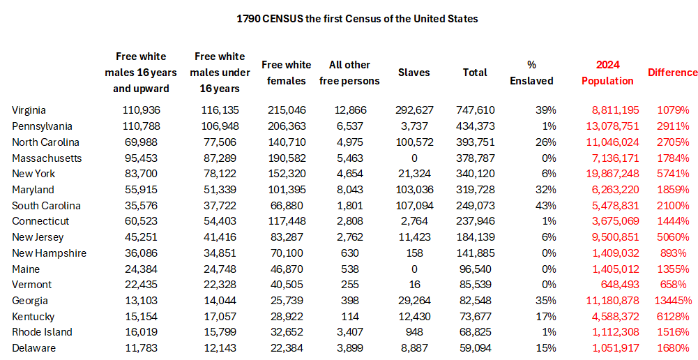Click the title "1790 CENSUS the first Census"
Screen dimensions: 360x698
tap(357, 19)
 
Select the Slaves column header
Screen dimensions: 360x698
tap(414, 73)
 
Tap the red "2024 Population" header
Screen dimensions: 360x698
tap(607, 73)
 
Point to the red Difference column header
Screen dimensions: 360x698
tap(672, 73)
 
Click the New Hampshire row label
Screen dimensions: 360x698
tap(49, 253)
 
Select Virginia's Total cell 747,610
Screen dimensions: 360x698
tap(475, 110)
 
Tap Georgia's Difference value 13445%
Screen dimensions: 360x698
tap(672, 301)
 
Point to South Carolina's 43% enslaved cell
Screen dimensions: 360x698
tap(545, 206)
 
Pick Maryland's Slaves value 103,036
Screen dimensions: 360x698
tap(414, 190)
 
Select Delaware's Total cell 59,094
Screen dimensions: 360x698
tap(478, 348)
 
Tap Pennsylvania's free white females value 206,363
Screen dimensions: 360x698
tap(286, 126)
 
